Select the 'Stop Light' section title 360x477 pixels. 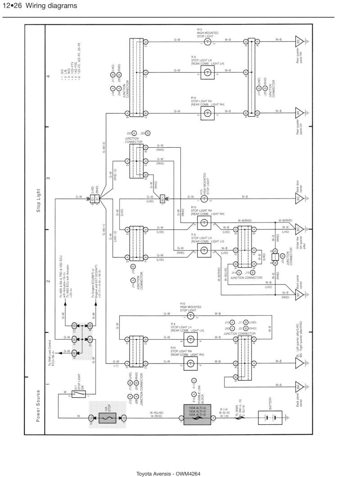38,200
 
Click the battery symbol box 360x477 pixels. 270,418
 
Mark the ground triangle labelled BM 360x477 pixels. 298,386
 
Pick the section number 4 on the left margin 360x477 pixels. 49,77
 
